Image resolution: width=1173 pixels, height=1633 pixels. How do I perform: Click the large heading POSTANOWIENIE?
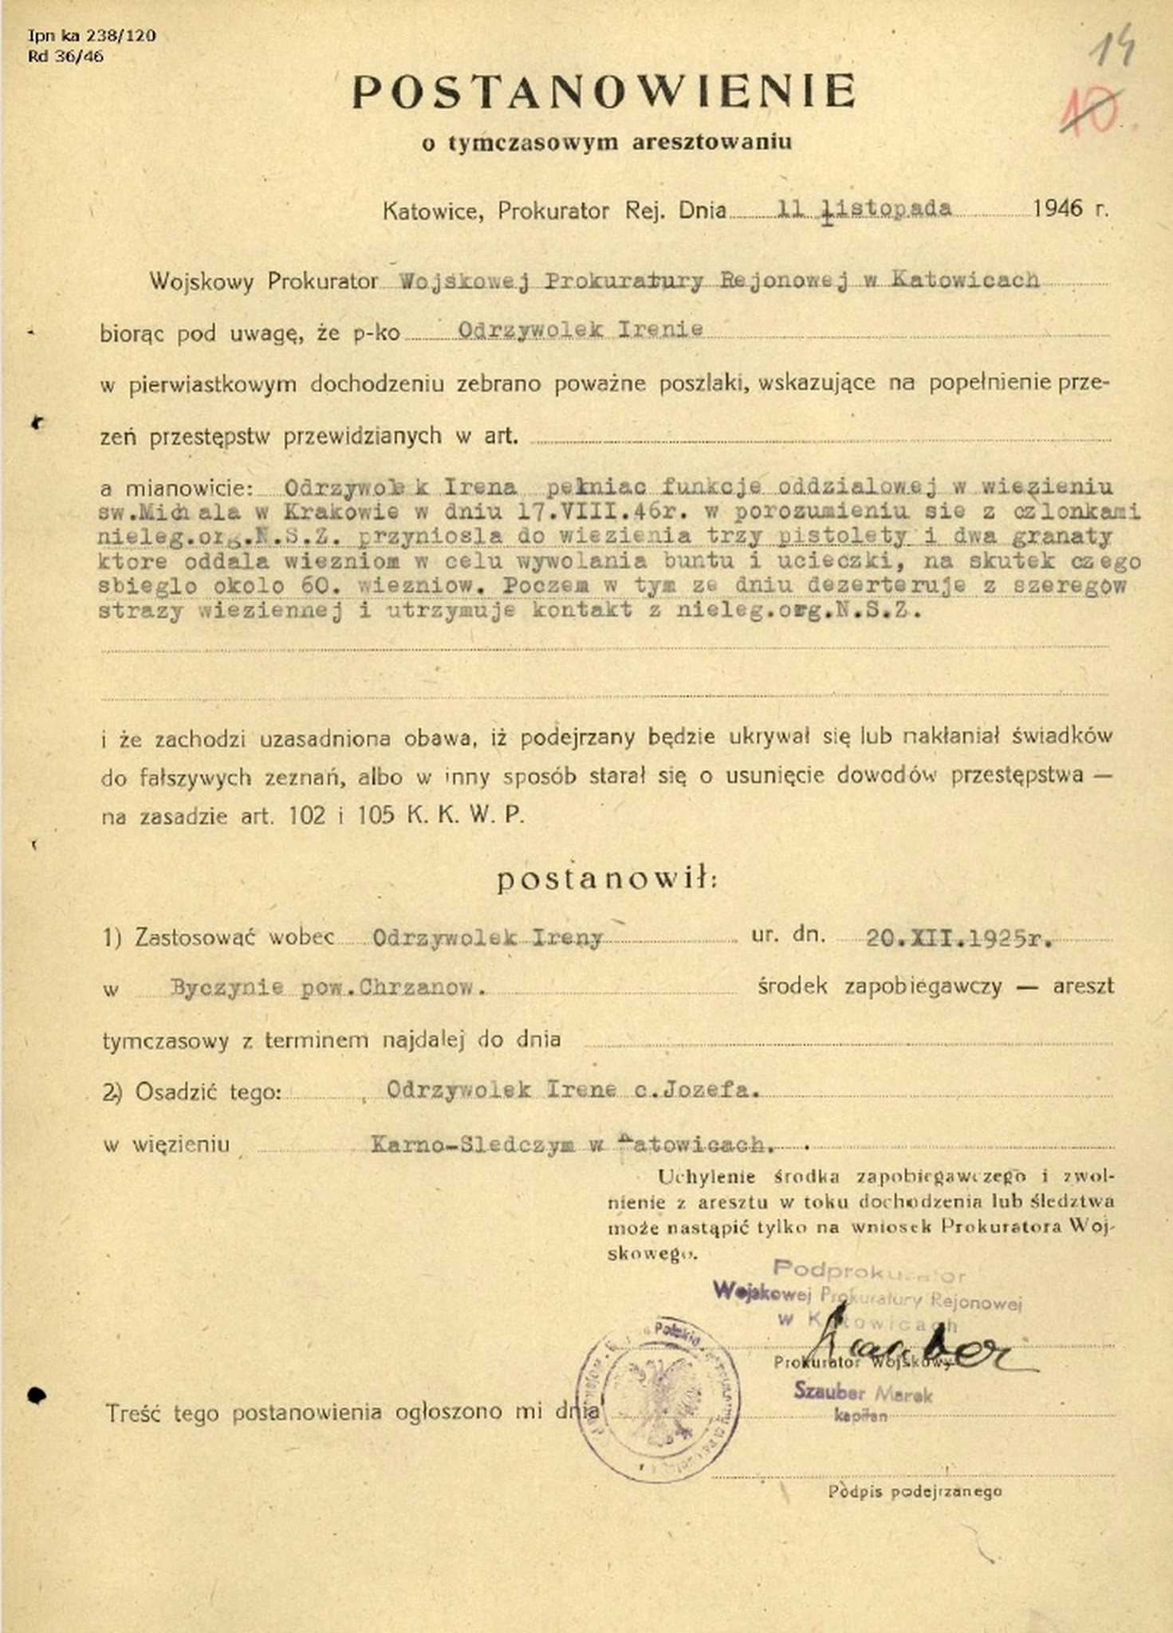point(604,92)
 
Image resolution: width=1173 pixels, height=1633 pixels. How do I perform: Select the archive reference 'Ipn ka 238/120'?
point(92,35)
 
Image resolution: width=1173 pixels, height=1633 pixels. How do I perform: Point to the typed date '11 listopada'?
point(864,209)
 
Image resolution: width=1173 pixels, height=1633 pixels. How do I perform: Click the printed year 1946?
point(1058,209)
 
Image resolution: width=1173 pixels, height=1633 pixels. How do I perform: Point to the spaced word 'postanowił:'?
point(607,879)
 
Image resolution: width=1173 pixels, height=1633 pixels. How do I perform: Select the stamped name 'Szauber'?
point(829,1392)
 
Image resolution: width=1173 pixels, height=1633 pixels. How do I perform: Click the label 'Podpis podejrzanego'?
point(914,1491)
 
